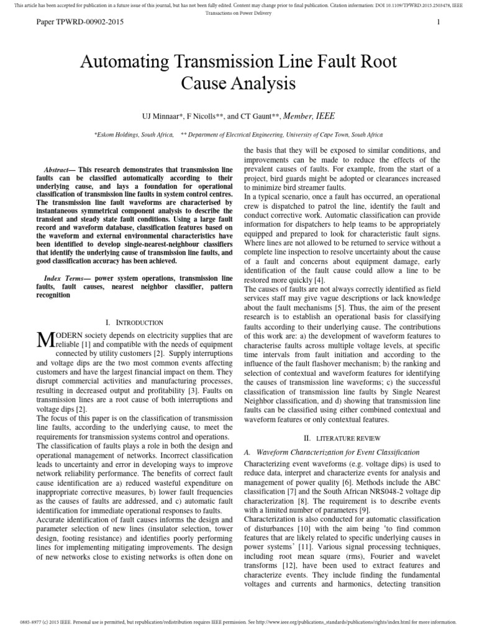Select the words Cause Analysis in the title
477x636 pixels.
(x=238, y=83)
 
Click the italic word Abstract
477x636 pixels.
(x=57, y=170)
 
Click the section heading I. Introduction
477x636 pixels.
(x=135, y=322)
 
